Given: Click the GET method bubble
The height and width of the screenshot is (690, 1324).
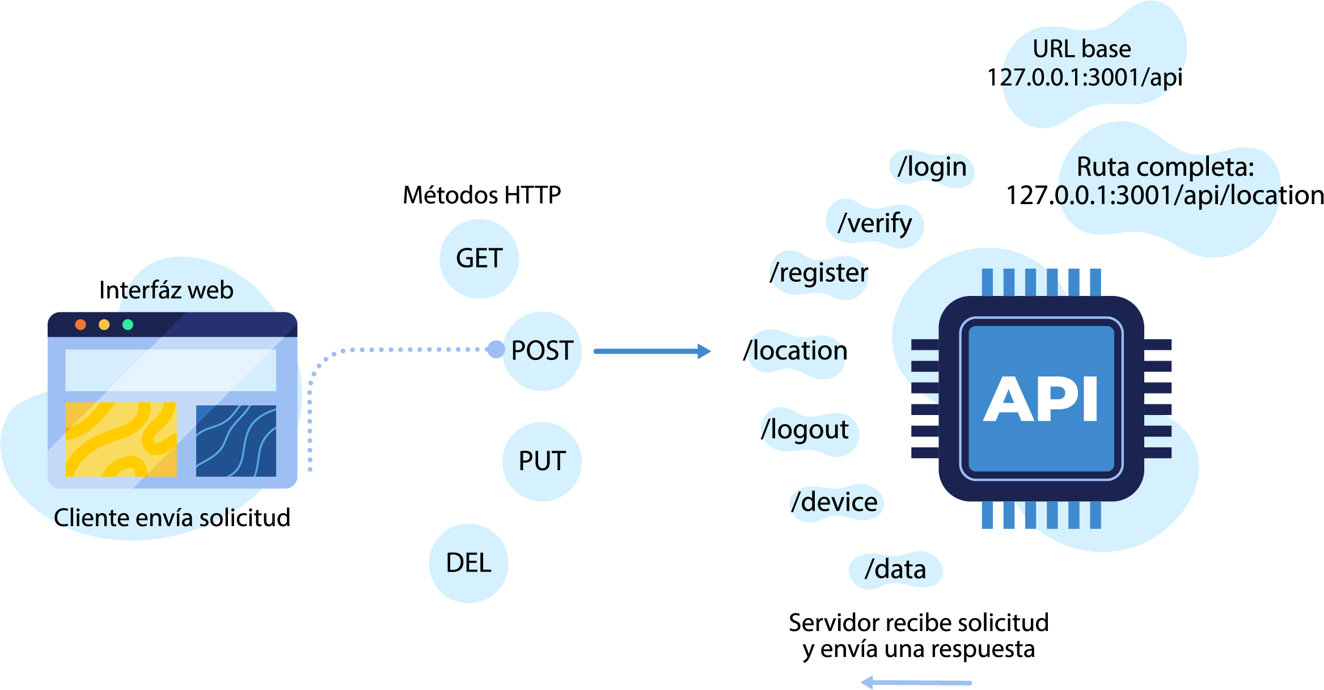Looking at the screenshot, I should point(479,259).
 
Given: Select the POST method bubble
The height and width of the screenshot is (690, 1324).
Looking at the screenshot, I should point(542,350).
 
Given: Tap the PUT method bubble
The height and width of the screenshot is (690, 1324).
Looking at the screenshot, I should point(542,461).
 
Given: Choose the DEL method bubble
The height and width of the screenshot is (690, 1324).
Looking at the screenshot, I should point(468,563).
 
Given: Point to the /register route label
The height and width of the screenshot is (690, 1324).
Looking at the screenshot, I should point(819,273).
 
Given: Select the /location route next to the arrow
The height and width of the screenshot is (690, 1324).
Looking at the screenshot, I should point(796,351).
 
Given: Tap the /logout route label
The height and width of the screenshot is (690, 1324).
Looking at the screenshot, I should point(805,430).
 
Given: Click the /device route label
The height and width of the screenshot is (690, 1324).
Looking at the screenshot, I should point(835,502).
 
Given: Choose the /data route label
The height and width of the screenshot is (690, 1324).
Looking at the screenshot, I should point(895,569).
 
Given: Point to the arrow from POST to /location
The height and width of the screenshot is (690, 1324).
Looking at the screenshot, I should point(652,352).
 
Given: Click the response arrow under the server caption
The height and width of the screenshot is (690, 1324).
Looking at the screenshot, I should point(916,682).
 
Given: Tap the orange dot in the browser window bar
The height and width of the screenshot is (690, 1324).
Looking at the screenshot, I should point(81,324).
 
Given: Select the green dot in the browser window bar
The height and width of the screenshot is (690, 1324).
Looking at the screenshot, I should point(128,324).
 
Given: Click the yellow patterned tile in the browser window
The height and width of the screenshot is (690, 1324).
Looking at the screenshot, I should point(121,439).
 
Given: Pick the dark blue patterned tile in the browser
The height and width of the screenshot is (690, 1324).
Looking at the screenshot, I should point(236,441).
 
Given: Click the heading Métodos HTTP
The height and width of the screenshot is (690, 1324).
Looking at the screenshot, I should point(481,195).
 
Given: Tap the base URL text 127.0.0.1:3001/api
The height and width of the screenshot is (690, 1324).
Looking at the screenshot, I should point(1084,78).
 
